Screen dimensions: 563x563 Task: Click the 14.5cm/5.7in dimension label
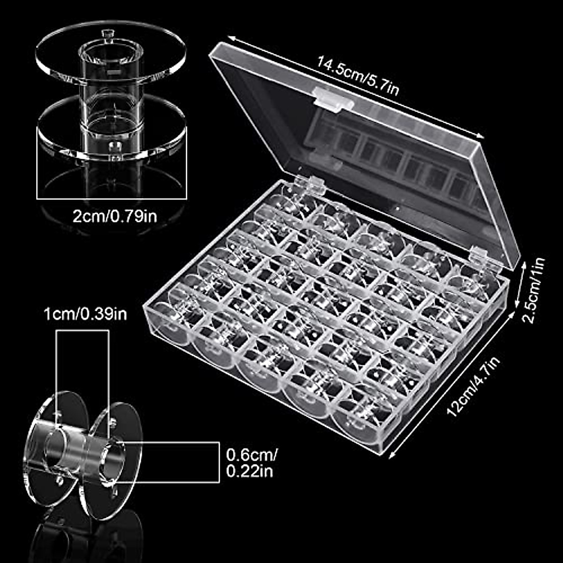coord(358,76)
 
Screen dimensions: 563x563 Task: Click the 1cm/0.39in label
coord(85,313)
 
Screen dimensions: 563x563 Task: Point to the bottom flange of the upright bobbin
coord(112,129)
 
